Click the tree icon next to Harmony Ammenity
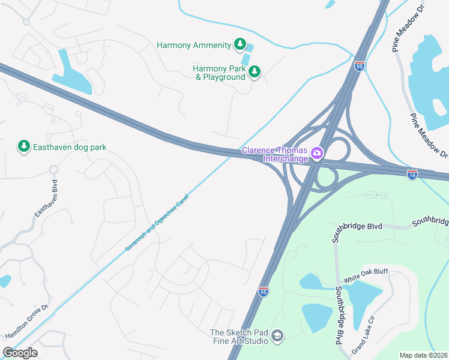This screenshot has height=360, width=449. tap(240, 44)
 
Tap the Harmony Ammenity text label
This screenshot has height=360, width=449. tap(193, 45)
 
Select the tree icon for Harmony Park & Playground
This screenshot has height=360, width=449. tap(255, 73)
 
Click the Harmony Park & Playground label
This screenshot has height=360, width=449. tap(219, 73)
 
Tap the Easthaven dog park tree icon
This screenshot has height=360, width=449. tap(23, 146)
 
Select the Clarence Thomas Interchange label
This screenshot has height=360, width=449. tap(274, 154)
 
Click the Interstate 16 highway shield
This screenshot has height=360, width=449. tap(412, 174)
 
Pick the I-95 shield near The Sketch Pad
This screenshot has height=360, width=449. tap(264, 292)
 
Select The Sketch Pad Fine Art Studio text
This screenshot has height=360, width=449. tap(239, 337)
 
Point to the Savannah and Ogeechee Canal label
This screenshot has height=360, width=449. tap(157, 222)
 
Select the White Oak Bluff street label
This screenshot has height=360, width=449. tap(366, 276)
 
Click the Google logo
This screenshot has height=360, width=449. tap(20, 352)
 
